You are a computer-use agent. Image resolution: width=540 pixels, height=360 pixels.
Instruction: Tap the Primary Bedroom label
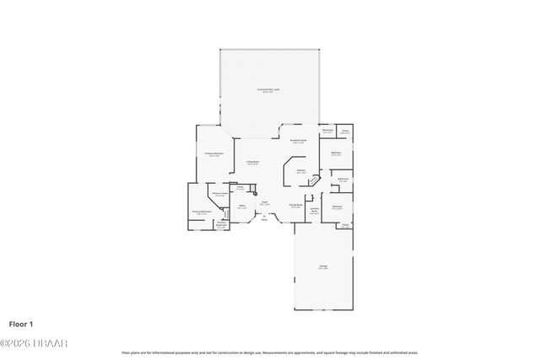click(213, 154)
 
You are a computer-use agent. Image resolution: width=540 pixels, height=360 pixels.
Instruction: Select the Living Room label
click(252, 162)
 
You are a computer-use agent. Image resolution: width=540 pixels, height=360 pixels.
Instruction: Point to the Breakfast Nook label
click(299, 142)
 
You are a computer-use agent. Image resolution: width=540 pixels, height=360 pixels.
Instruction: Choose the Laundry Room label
click(314, 212)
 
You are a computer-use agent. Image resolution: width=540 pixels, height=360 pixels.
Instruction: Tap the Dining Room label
click(295, 205)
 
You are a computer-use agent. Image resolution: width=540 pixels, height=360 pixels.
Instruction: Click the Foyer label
click(264, 202)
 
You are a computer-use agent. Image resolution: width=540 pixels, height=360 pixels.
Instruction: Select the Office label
click(241, 207)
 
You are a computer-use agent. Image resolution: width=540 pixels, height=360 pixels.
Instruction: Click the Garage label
click(323, 267)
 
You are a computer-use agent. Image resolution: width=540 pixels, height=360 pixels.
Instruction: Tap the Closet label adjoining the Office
click(240, 188)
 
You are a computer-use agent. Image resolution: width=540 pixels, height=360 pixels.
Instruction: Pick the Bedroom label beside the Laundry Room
click(337, 207)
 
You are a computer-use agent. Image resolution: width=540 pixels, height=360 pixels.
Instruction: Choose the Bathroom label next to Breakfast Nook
click(327, 131)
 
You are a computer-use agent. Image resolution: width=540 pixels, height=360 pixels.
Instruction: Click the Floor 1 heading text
click(21, 324)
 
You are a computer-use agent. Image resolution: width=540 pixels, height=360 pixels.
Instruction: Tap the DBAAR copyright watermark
click(34, 342)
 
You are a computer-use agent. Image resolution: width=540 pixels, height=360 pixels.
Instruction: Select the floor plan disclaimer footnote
click(269, 352)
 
